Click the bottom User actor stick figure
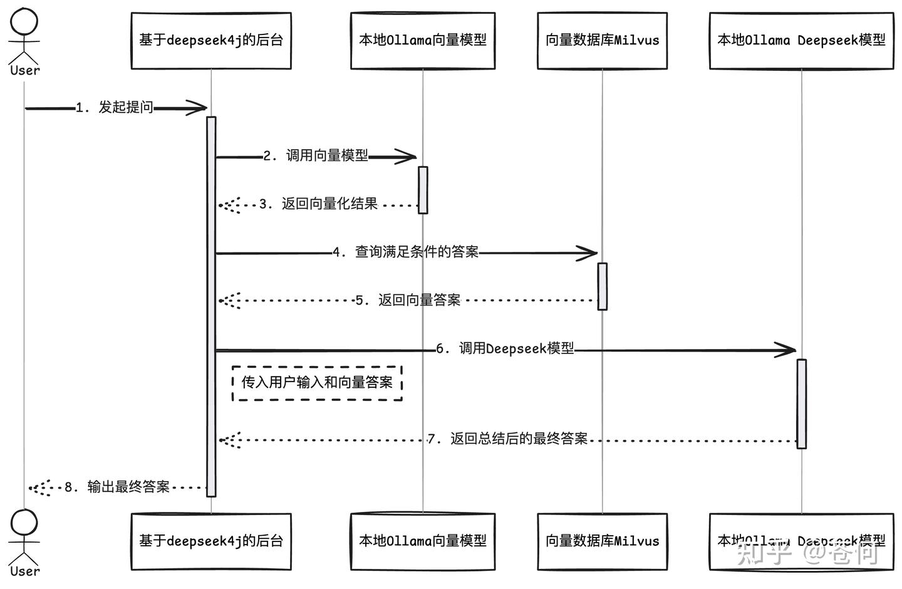24,539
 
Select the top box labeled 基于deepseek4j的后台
211,41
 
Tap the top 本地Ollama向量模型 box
423,41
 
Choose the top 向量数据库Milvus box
602,41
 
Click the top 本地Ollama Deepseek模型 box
801,41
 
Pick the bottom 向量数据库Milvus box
602,541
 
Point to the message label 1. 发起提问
115,108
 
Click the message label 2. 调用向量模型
316,156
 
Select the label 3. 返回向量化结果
318,204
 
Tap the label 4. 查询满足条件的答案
406,253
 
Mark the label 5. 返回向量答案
408,301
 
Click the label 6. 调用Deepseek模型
505,349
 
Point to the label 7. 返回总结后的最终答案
508,439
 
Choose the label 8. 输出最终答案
117,487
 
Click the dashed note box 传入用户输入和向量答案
317,383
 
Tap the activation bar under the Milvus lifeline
602,286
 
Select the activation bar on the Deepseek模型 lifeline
801,404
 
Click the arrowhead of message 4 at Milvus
588,253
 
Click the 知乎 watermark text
764,553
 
